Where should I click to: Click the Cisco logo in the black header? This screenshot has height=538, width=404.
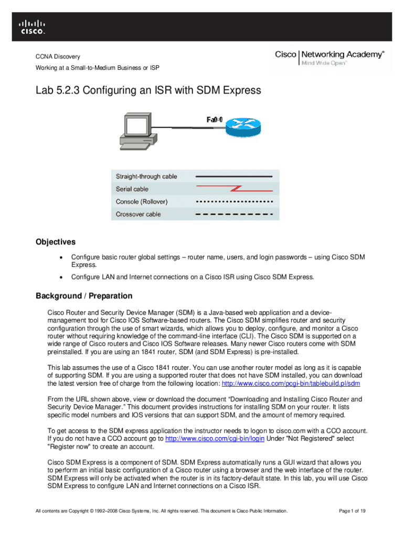[33, 27]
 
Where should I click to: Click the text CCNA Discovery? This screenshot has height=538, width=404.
[58, 57]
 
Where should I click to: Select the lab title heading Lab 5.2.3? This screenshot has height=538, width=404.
[148, 90]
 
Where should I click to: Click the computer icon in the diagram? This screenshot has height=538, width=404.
[139, 131]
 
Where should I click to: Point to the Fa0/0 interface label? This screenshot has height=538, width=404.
[214, 119]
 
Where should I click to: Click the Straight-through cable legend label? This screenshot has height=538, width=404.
[146, 177]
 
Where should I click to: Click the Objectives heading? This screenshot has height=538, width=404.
[56, 242]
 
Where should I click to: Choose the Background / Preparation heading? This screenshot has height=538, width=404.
[84, 296]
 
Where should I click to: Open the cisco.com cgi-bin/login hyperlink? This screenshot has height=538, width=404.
[215, 439]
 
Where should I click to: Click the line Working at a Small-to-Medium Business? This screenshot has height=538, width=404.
[97, 68]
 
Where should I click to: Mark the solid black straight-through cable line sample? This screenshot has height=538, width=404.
[233, 177]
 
